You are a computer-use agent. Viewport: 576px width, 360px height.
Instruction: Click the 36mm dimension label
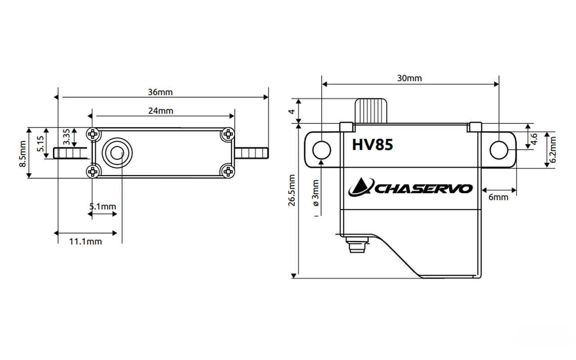click(x=160, y=92)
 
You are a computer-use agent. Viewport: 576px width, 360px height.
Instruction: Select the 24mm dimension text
click(x=161, y=111)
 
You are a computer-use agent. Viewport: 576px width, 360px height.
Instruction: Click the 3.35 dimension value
click(x=66, y=136)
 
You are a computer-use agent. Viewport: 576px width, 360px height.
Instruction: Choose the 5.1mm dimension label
click(x=103, y=207)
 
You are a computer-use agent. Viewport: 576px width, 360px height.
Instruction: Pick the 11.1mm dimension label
click(x=85, y=241)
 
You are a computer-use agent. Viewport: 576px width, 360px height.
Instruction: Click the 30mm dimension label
click(x=409, y=78)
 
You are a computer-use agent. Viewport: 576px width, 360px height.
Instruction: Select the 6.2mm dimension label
click(x=553, y=150)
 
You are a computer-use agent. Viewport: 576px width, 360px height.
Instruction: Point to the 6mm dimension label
click(x=498, y=197)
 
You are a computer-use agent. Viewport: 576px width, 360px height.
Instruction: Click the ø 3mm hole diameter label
click(x=315, y=193)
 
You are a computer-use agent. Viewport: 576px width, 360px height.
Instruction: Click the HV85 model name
click(x=372, y=145)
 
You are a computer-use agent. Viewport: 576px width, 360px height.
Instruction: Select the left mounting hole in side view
click(x=321, y=150)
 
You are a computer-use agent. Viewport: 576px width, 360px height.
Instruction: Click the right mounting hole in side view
click(x=499, y=150)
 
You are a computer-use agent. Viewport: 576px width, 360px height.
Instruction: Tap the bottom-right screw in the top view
click(x=228, y=171)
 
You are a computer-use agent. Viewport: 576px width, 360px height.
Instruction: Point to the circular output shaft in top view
click(x=117, y=153)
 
